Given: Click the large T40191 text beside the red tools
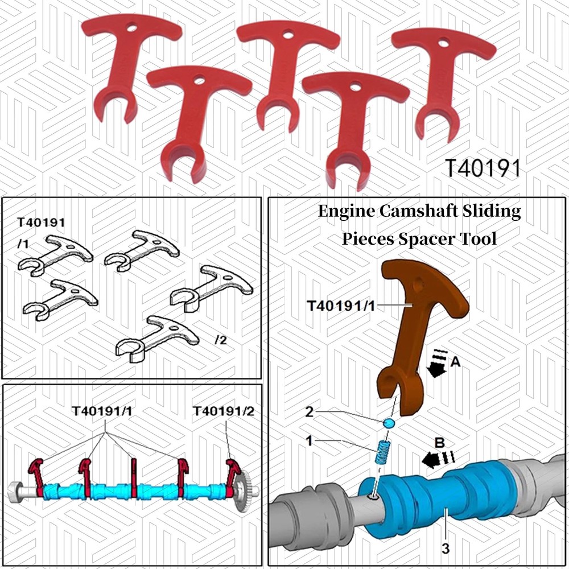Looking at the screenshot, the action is click(x=483, y=168).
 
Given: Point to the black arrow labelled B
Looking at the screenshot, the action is click(x=438, y=459).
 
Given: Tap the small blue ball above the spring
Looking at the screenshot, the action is click(x=388, y=423).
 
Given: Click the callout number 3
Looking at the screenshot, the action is click(x=446, y=548).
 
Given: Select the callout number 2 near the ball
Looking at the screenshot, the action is click(x=309, y=412).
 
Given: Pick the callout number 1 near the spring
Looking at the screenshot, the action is click(x=309, y=441).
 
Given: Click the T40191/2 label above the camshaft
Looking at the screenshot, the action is click(x=224, y=411).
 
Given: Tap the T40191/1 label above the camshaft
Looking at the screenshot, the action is click(x=102, y=411).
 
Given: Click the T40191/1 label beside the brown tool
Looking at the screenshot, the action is click(x=341, y=306).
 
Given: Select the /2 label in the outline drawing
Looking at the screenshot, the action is click(x=221, y=340).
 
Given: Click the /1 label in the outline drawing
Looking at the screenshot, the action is click(x=23, y=244).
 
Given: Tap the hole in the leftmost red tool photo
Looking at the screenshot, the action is click(x=132, y=27).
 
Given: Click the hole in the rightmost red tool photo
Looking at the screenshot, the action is click(x=443, y=43).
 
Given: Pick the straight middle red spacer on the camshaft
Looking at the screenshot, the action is click(x=133, y=478).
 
